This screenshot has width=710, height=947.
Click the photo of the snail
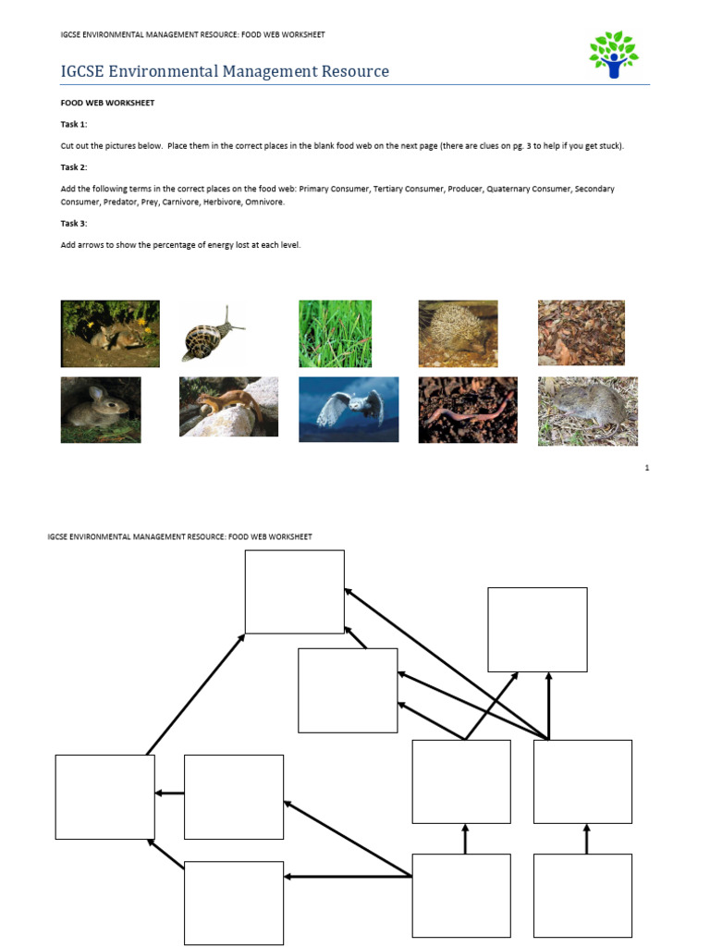click(214, 334)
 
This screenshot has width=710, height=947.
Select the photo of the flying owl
click(349, 409)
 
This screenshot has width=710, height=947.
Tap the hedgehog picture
click(458, 333)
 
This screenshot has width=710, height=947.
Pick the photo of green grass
click(335, 333)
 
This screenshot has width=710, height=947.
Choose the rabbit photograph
click(101, 409)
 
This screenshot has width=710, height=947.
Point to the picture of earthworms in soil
click(467, 409)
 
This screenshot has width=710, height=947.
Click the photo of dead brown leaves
click(581, 332)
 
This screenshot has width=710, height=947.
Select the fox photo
click(110, 333)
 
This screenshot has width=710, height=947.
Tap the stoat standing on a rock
click(228, 406)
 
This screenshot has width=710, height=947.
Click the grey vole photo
click(587, 411)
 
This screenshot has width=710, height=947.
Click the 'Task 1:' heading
click(74, 124)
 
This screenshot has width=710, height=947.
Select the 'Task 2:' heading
click(74, 167)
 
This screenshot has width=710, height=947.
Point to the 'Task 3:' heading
click(74, 223)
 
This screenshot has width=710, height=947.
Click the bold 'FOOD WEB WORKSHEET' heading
click(107, 103)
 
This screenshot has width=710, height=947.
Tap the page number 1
click(647, 468)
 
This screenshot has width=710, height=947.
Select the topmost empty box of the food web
click(294, 592)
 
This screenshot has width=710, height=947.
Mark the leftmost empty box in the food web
click(104, 796)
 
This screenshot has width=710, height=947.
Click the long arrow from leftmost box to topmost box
click(195, 694)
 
